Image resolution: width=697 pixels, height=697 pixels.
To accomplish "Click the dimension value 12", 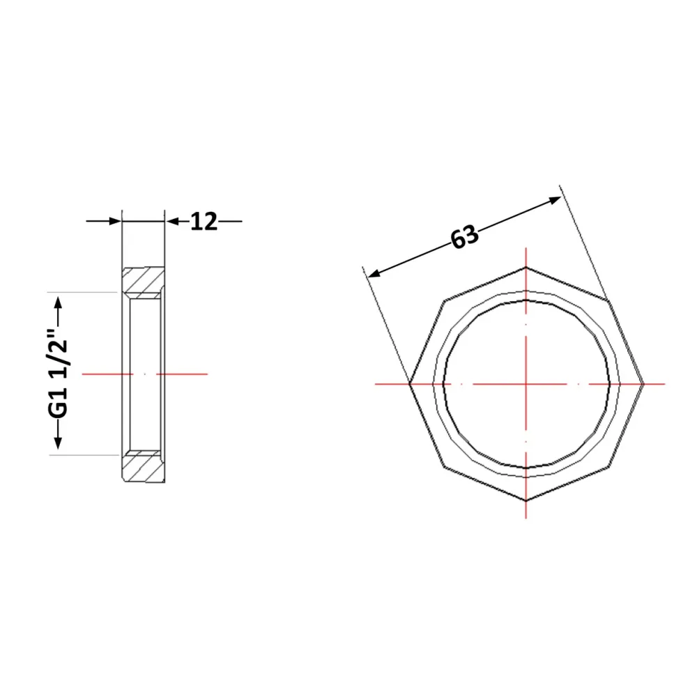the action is [x=204, y=222].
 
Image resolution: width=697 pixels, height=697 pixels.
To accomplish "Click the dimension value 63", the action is [x=464, y=237].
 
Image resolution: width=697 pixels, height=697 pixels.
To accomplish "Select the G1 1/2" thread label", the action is [x=59, y=374].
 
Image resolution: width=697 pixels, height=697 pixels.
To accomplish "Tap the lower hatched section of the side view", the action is [x=143, y=466].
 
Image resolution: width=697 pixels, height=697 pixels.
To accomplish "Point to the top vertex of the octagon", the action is [x=526, y=267].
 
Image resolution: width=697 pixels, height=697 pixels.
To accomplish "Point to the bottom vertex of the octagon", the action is [x=526, y=501].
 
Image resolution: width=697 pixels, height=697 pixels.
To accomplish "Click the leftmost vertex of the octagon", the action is [x=409, y=383].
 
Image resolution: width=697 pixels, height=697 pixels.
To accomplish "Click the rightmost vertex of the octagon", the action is [x=643, y=383].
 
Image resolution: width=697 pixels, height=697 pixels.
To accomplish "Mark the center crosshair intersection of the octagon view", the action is [x=526, y=383].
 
